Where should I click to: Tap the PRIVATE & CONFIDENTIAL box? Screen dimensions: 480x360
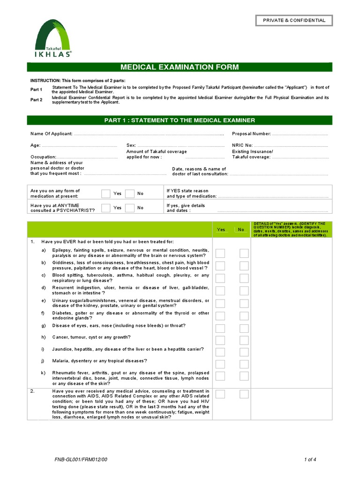click(294, 20)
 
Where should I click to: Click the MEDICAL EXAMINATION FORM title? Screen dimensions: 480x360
click(180, 67)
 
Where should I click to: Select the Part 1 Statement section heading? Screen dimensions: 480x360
click(180, 120)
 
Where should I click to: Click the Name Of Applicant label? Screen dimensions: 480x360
click(51, 134)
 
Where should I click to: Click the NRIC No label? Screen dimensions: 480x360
click(242, 145)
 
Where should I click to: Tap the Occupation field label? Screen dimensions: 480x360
click(43, 157)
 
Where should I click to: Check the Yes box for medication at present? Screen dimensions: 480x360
click(106, 194)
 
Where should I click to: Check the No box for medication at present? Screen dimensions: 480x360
click(130, 194)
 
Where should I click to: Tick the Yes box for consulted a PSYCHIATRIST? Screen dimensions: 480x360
click(106, 208)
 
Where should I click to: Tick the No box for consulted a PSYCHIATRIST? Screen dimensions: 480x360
click(130, 208)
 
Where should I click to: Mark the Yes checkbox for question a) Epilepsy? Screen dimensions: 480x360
click(220, 253)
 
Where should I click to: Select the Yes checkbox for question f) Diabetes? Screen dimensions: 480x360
click(220, 315)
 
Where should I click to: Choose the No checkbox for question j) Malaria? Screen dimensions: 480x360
click(244, 363)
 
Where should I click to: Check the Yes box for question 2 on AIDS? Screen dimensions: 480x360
click(220, 394)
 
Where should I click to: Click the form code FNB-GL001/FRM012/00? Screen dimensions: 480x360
click(81, 460)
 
